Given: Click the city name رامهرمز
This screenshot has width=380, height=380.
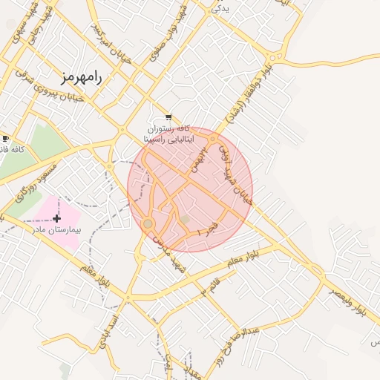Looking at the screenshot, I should tap(82, 76).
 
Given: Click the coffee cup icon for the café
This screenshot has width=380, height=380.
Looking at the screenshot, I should tap(5, 139).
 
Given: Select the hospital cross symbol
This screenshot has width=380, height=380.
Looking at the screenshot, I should tap(57, 218).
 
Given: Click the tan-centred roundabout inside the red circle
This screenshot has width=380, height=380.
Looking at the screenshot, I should tap(148, 223).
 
